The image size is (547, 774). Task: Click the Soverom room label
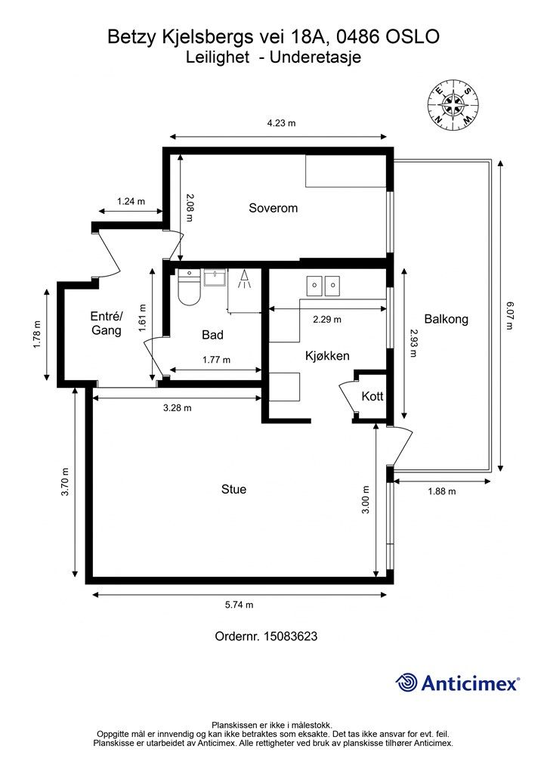(273, 208)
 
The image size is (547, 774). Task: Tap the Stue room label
(233, 489)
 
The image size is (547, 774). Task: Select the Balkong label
(446, 319)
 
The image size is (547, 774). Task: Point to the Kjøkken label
(327, 356)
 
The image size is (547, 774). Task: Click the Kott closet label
(372, 396)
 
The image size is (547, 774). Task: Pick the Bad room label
(212, 335)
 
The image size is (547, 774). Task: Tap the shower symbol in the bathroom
(244, 280)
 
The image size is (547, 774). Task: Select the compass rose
(453, 104)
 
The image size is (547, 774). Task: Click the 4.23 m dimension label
(281, 123)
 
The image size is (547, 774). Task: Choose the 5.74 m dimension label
(240, 605)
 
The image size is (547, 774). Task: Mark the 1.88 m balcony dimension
(442, 491)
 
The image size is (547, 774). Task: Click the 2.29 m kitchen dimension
(327, 320)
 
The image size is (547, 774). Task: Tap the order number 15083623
(291, 636)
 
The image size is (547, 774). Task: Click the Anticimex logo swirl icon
(406, 683)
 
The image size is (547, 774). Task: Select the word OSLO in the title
(413, 37)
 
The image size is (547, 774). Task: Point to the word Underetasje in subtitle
(315, 57)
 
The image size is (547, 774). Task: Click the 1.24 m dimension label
(131, 201)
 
